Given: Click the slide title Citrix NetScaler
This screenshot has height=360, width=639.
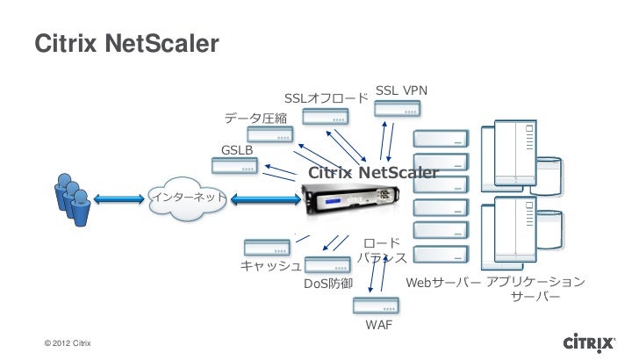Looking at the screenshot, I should pos(126,43).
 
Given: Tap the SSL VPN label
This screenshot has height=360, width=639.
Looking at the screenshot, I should pos(401,90).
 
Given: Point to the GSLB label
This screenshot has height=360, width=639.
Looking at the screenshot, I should pos(237,150).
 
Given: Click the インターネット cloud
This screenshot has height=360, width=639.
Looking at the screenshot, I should pos(190,198).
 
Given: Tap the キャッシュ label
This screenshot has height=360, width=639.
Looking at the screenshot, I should pos(271,266).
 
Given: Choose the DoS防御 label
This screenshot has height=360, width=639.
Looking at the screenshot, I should pos(328,285).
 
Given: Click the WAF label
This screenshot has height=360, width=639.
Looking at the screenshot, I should pos(378,326).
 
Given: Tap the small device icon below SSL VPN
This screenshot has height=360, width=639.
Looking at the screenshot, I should pos(396,108).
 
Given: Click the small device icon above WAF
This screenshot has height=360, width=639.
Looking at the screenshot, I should pos(376,306).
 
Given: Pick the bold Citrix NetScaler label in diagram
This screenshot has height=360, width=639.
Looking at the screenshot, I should pos(371,173).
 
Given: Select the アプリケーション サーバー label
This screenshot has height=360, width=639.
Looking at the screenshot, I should pos(535,291).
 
